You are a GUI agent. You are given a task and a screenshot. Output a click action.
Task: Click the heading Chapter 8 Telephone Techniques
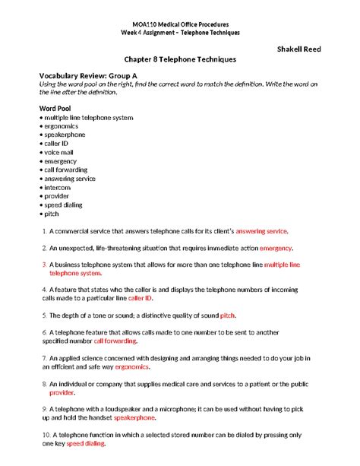pyautogui.click(x=181, y=59)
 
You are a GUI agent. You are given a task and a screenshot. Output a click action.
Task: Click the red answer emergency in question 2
pyautogui.click(x=276, y=248)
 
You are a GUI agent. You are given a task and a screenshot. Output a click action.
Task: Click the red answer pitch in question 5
pyautogui.click(x=228, y=315)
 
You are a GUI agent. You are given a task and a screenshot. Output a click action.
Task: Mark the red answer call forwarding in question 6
pyautogui.click(x=116, y=341)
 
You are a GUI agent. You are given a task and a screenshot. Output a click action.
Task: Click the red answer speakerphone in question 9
pyautogui.click(x=134, y=418)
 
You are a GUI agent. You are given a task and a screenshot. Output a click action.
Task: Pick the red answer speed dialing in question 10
pyautogui.click(x=85, y=444)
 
